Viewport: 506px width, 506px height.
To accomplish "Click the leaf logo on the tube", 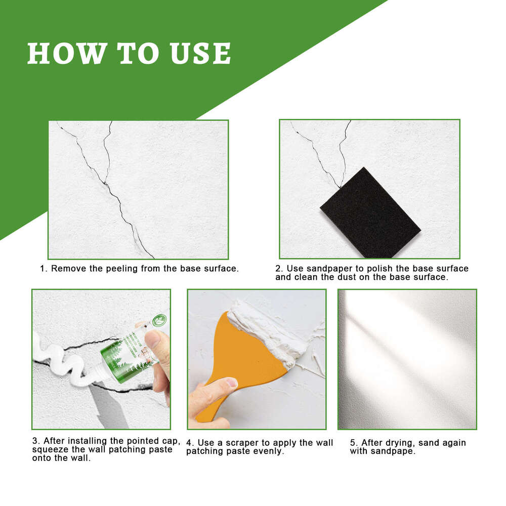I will point(160,320).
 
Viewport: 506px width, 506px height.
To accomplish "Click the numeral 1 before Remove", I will point(43,268).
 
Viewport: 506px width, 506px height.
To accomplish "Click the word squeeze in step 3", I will point(50,450).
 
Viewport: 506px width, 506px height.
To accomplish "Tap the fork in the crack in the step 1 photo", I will point(105,182).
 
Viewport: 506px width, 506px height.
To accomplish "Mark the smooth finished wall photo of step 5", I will point(407,359).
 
